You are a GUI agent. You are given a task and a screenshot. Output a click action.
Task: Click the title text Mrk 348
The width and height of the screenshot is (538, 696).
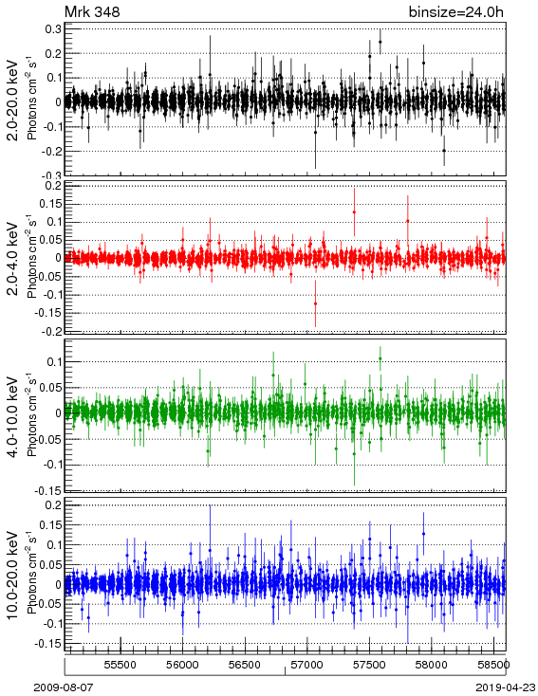[92, 12]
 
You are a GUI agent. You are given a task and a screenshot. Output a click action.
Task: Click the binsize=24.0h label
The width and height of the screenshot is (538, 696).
[456, 12]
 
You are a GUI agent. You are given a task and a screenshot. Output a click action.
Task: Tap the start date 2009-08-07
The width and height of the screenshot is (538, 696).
[64, 687]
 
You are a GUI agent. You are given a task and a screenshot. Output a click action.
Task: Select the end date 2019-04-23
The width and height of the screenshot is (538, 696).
[506, 687]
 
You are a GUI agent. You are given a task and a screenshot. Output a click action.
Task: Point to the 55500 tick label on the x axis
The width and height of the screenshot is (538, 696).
[121, 665]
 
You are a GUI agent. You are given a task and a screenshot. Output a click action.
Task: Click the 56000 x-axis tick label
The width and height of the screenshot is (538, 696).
[182, 665]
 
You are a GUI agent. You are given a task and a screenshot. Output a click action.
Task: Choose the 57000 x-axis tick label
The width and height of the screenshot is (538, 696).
[307, 665]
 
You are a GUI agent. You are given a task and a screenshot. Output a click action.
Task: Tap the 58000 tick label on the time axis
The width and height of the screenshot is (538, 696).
[432, 665]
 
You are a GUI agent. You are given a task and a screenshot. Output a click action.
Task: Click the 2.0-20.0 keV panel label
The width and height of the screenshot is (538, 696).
[13, 100]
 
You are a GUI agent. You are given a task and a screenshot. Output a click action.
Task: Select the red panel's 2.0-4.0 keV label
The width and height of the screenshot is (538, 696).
[13, 259]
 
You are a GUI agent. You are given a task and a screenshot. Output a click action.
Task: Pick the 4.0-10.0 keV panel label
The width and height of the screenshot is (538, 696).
[13, 417]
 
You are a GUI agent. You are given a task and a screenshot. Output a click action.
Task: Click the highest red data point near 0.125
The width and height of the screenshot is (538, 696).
[354, 212]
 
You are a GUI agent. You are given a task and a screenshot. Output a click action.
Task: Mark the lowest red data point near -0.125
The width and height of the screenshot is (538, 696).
[315, 303]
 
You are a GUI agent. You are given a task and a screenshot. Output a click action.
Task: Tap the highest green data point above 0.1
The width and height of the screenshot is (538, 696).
[380, 359]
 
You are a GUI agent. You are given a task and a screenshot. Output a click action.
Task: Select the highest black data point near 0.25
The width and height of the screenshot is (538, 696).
[380, 42]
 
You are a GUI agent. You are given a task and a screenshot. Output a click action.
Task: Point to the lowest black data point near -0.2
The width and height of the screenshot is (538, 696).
[444, 151]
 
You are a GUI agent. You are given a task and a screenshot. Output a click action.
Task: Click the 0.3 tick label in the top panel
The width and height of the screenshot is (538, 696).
[55, 28]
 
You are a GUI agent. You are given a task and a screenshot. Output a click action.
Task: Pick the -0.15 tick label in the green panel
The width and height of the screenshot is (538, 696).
[49, 491]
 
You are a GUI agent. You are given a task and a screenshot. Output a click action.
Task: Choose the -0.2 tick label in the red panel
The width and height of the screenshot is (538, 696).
[52, 331]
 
